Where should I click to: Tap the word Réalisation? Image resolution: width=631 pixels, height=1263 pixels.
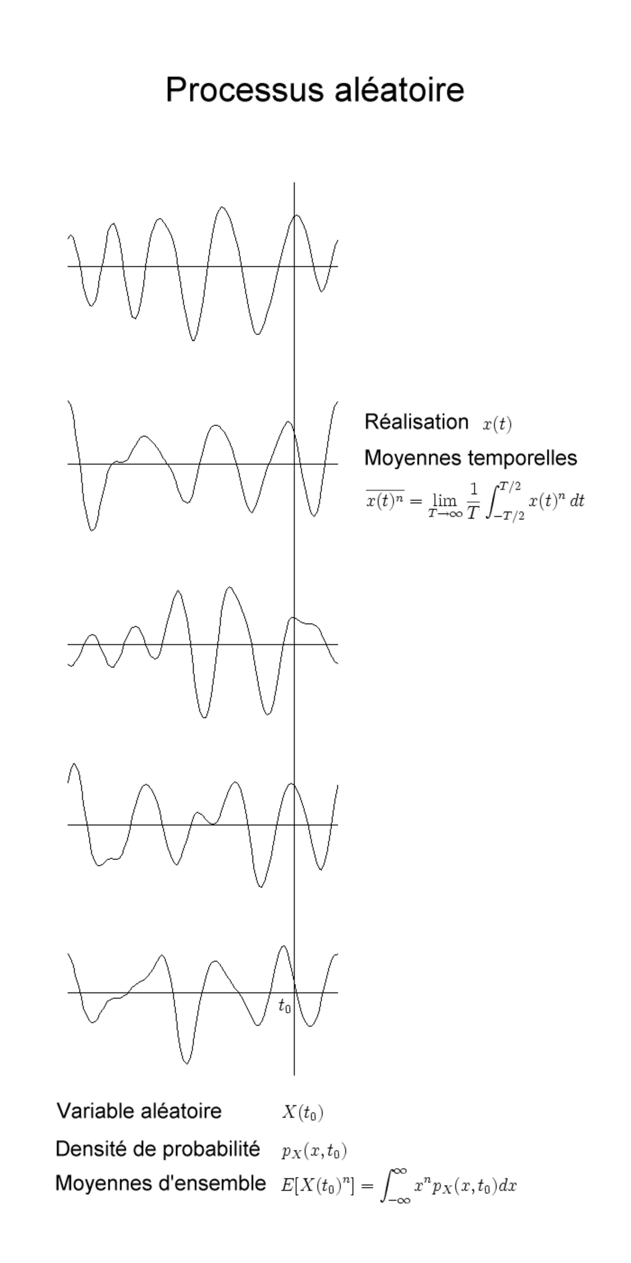[x=416, y=422]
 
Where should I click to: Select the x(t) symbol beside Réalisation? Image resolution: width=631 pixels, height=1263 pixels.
[x=497, y=424]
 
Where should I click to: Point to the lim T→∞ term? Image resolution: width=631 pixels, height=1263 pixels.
[x=445, y=505]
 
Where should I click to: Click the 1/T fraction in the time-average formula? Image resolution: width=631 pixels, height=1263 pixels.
[x=473, y=500]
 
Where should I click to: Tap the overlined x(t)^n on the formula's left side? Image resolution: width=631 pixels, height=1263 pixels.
[x=385, y=499]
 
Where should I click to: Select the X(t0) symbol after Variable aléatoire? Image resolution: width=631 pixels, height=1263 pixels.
[x=302, y=1112]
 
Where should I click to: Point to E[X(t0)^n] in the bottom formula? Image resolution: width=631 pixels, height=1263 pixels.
[x=319, y=1186]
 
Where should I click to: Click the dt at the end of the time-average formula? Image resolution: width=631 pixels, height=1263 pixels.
[x=577, y=500]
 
